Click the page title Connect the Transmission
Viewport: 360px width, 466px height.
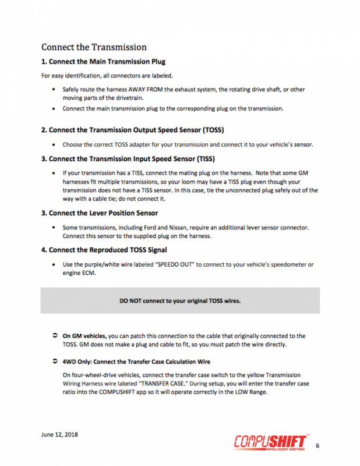94,47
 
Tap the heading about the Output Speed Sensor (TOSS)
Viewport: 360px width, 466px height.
133,129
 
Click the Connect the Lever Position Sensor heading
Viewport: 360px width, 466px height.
100,213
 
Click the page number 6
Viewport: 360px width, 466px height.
317,446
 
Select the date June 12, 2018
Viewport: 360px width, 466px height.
60,435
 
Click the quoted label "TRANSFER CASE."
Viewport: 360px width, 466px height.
181,385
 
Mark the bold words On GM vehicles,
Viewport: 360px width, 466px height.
85,336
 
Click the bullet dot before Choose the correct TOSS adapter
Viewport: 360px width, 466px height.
54,144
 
